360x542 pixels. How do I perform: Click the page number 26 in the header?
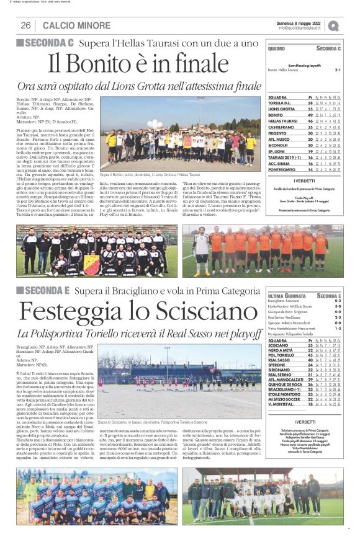(x=26, y=25)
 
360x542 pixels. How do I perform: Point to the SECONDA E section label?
(x=43, y=290)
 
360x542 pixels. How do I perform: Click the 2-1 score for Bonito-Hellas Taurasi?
(x=338, y=70)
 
